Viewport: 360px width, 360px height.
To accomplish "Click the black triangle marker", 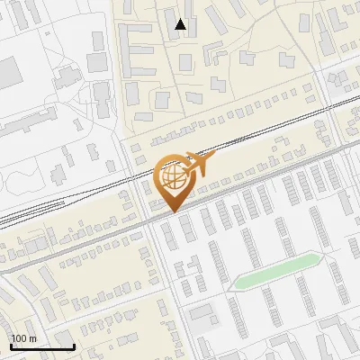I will coord(180,24).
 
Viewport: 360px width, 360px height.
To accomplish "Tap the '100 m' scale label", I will coord(25,338).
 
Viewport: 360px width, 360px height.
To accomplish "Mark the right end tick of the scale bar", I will coord(74,345).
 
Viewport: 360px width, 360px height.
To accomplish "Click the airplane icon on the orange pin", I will coord(196,163).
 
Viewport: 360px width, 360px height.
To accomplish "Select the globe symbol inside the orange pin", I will coord(173,179).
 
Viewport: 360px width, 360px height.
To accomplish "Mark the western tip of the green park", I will coord(231,286).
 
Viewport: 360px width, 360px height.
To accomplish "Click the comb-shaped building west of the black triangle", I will coord(135,49).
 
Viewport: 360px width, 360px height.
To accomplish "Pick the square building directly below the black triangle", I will coord(184,62).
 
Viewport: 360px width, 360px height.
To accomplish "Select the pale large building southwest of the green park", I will coord(202,314).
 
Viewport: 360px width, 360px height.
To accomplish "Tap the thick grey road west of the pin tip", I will coord(90,241).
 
